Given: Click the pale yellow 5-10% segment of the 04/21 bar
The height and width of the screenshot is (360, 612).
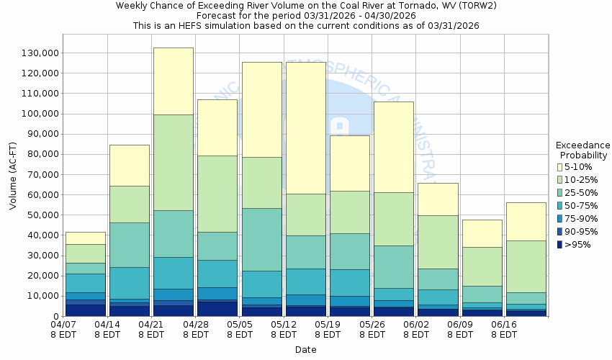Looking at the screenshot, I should pos(174,81).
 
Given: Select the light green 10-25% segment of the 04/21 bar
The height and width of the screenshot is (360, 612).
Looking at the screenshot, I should pos(174,163).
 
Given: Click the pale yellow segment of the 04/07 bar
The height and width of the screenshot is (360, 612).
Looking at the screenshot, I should pos(85,238).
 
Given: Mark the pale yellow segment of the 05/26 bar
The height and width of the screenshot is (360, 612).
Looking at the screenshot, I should pos(394,147).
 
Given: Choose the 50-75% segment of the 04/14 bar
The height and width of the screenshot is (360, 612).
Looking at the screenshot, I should pos(130,283).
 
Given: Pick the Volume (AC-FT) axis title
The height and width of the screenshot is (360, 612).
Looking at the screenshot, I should pos(13,176).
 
